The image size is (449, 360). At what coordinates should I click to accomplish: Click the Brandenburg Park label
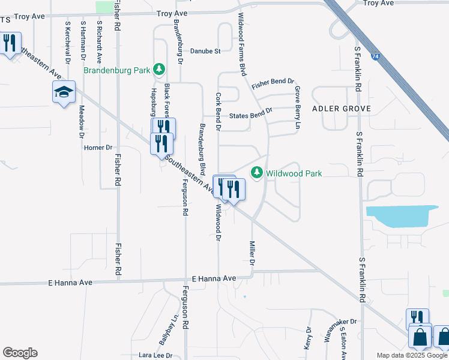(116, 70)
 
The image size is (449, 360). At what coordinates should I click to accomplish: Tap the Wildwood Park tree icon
(257, 173)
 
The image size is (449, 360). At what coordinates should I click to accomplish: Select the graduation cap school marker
(64, 92)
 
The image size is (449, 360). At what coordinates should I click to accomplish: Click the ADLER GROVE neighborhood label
(341, 109)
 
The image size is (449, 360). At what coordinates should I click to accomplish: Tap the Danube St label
(206, 52)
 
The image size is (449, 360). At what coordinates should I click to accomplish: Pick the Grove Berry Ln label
(297, 107)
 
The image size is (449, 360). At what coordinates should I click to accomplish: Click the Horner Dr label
(98, 148)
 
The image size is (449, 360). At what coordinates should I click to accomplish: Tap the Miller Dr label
(252, 254)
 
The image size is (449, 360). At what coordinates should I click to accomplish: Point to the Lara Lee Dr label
(155, 355)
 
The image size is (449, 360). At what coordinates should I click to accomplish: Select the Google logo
(20, 353)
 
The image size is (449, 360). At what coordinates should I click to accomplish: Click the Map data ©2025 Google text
(412, 355)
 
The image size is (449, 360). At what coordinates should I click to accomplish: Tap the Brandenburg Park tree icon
(159, 70)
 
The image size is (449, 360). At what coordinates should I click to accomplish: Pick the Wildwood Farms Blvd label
(243, 44)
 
